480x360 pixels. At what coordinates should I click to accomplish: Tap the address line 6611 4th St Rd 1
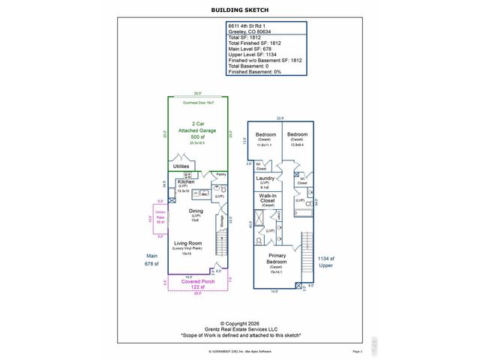251,25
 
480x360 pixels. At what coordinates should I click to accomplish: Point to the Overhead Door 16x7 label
199,101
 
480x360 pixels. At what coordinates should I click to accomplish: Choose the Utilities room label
181,166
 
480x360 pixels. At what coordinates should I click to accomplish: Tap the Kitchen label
187,181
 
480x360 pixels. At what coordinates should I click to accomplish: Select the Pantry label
220,174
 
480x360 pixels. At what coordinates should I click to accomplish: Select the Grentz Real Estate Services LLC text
240,329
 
